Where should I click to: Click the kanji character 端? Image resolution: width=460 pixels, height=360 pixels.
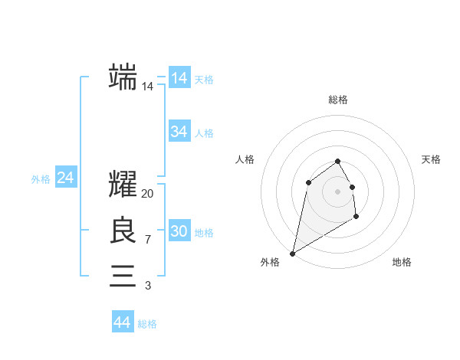[123, 77]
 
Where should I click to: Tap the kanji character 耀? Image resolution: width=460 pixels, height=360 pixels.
[123, 185]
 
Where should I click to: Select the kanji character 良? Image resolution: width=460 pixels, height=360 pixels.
[123, 231]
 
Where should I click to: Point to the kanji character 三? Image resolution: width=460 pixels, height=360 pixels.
[123, 276]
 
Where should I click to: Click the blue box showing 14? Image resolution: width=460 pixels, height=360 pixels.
[179, 78]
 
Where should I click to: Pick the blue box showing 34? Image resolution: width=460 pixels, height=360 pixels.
[179, 132]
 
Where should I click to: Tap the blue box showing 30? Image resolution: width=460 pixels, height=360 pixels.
[179, 231]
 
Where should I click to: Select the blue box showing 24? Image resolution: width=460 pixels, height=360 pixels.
[66, 178]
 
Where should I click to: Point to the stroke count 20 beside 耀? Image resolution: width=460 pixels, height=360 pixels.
[148, 194]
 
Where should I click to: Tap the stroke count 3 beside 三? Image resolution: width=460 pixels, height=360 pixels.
[147, 286]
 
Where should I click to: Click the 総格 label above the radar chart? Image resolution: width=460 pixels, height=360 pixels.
[338, 100]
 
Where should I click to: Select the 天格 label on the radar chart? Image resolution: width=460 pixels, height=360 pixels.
[432, 159]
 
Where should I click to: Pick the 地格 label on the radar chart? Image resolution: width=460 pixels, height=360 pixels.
[402, 262]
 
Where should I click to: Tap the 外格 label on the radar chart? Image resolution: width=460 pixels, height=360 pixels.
[270, 262]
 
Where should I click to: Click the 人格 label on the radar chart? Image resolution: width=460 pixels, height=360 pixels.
[245, 159]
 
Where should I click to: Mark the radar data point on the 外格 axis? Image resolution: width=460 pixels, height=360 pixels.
[292, 253]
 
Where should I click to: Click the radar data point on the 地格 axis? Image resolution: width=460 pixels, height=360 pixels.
[356, 217]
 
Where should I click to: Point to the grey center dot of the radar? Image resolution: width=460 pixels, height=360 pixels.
[338, 191]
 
